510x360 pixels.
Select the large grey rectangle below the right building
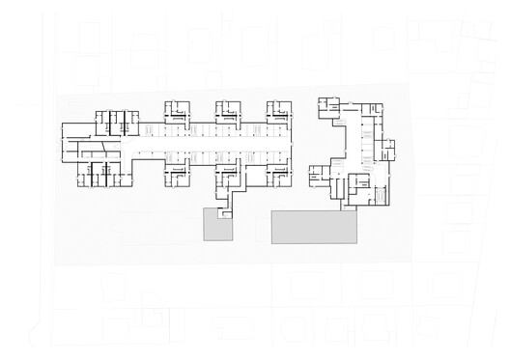pyautogui.click(x=314, y=227)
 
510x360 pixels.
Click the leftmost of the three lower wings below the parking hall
pyautogui.click(x=177, y=175)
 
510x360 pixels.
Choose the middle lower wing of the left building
pyautogui.click(x=230, y=175)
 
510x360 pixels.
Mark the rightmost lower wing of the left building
pyautogui.click(x=280, y=175)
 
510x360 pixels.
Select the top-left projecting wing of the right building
pyautogui.click(x=329, y=108)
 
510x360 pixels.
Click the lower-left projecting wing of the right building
pyautogui.click(x=320, y=177)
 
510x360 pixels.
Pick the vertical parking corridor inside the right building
pyautogui.click(x=364, y=145)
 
